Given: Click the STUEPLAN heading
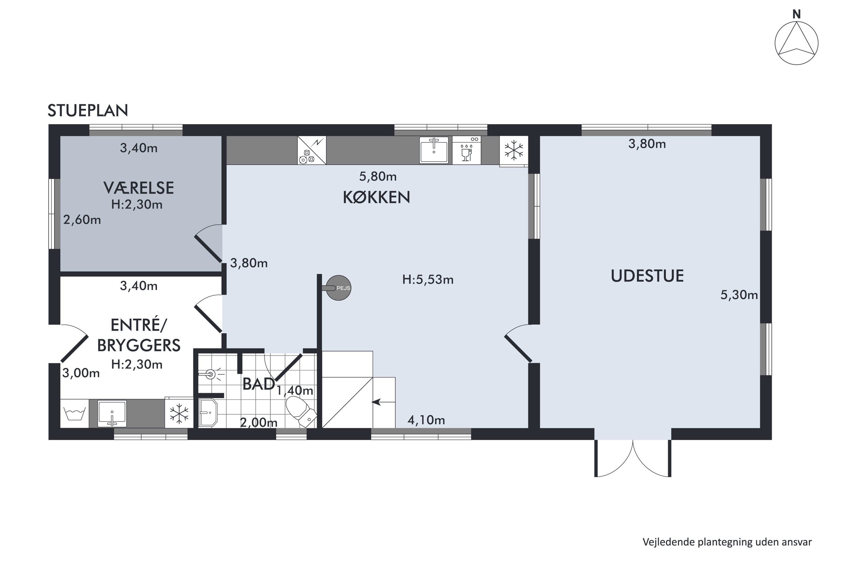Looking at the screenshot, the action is tap(88, 110).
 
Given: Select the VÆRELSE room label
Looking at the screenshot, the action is tap(139, 188).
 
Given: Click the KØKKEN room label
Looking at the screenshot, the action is tap(376, 197).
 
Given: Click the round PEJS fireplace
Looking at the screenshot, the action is tap(338, 288).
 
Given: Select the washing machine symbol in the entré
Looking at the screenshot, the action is tap(74, 413).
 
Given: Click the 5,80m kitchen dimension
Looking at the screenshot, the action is tap(378, 176).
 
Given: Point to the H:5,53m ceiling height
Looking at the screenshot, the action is tap(428, 280).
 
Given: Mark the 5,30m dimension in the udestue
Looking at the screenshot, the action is tap(739, 295).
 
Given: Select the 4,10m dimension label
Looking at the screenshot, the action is tap(426, 420).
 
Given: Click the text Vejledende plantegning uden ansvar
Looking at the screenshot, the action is tap(727, 542).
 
